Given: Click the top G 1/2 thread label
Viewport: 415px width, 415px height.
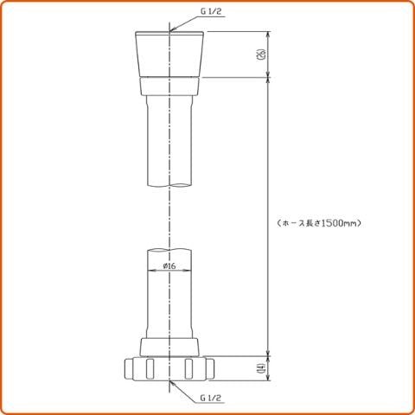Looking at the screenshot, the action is pos(212,12).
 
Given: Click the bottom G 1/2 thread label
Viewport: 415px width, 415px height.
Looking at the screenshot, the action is pos(211,398).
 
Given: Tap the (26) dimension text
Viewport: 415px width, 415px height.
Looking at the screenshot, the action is pos(261,54).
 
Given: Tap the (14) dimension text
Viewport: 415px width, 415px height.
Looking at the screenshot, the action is pos(261,368).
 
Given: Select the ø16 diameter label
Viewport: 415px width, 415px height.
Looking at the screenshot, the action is pos(169,265).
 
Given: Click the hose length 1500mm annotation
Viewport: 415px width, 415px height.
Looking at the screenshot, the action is pos(319,223).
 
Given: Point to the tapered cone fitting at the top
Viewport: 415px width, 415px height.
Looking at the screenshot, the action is pos(169,54).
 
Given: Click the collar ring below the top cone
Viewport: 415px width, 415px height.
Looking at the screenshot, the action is pos(169,86).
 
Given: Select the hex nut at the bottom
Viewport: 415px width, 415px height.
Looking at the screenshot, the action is pos(169,369).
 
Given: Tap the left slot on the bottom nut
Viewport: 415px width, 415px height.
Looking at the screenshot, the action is pos(150,369).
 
